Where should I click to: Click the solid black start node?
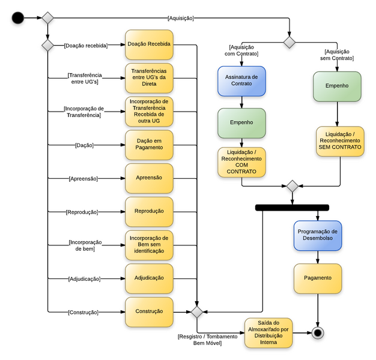(18, 18)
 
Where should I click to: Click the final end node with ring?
(317, 332)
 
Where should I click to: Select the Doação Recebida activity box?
(149, 44)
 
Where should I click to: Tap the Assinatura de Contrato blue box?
(241, 81)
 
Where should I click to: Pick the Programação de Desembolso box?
(318, 235)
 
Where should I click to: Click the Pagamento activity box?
(318, 278)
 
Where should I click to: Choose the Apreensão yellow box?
(149, 178)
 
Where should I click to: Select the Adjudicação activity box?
(149, 278)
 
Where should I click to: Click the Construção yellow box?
(149, 311)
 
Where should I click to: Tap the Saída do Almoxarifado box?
(268, 333)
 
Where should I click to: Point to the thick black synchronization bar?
(292, 208)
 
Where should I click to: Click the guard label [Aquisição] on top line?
(180, 18)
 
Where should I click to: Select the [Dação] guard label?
(84, 145)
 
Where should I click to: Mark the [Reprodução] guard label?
(82, 212)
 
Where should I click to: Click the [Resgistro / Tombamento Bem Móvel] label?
(199, 340)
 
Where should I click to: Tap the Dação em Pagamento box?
(149, 145)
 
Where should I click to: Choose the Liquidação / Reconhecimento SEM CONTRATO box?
(340, 141)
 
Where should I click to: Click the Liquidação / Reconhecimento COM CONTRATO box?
(241, 162)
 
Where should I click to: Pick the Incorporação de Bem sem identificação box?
(149, 245)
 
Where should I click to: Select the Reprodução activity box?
(149, 211)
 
